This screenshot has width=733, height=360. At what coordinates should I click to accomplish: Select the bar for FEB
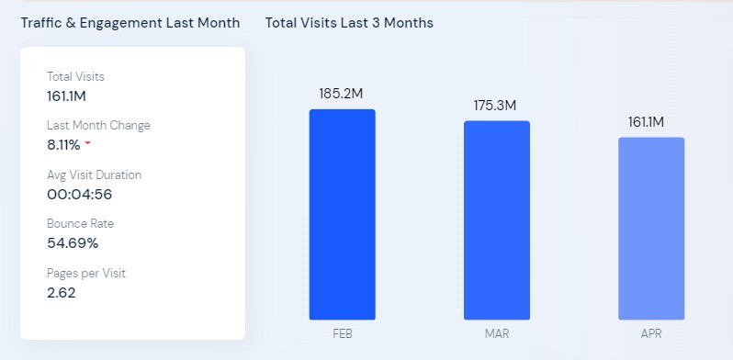click(x=343, y=215)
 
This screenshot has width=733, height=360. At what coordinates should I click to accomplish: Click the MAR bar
click(x=497, y=220)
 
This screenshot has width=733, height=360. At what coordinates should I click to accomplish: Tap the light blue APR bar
click(x=651, y=229)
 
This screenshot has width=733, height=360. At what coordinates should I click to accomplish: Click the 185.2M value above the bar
click(x=341, y=94)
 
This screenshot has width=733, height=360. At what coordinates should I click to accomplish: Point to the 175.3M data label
click(x=495, y=106)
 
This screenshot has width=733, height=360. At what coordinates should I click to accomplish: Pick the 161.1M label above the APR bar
click(x=646, y=122)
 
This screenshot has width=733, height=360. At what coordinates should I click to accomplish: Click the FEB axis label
click(x=343, y=334)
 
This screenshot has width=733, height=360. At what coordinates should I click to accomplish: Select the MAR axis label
click(x=497, y=334)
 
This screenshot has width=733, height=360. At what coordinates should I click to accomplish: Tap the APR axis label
click(x=651, y=334)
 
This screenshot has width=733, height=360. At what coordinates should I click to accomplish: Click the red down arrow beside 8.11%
click(x=87, y=143)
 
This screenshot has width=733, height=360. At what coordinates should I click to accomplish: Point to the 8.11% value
click(x=63, y=145)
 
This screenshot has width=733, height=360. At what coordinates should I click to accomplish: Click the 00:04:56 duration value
click(x=80, y=194)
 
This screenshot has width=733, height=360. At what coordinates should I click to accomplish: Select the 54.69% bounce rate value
click(x=73, y=243)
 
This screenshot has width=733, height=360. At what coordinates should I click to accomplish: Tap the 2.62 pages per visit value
click(x=62, y=293)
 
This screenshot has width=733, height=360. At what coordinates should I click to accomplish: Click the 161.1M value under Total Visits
click(x=66, y=96)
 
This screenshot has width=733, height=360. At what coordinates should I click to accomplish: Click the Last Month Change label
click(x=98, y=125)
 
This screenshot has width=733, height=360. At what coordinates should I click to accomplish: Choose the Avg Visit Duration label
click(x=94, y=174)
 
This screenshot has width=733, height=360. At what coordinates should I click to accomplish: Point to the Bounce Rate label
click(x=81, y=223)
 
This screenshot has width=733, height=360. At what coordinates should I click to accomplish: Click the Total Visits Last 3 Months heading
click(x=349, y=22)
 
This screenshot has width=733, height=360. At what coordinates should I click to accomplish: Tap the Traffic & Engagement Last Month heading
click(x=130, y=22)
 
